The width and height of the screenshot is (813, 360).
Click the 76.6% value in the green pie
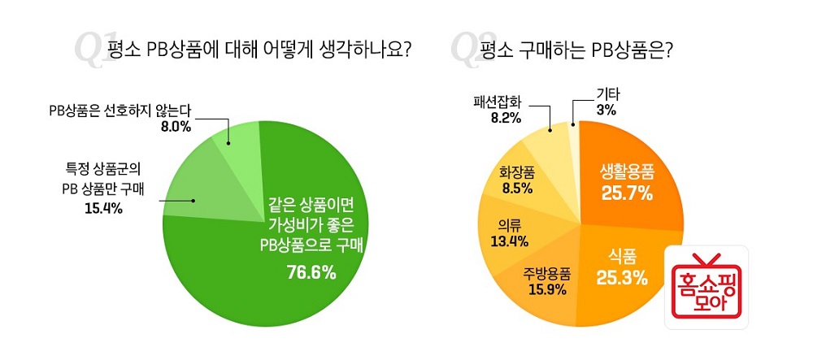pos(311,272)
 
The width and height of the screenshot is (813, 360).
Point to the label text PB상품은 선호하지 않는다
pos(119,111)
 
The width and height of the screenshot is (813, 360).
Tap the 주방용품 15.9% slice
pos(544,280)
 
